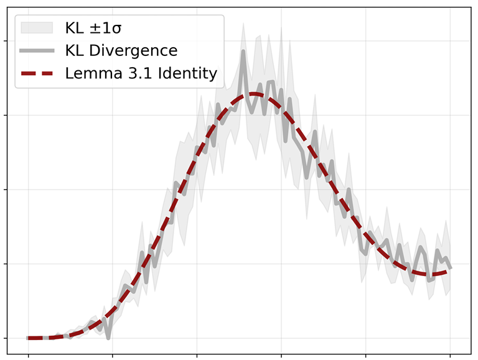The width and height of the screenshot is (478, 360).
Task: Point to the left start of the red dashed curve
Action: coord(29,338)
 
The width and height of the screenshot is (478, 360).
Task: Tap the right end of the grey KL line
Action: coord(450,268)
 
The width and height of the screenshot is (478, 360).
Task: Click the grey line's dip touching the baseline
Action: coord(108,338)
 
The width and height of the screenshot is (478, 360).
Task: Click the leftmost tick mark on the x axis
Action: coord(28,356)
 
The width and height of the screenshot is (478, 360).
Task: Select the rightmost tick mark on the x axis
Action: coord(450,356)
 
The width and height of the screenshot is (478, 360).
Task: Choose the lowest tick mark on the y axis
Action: coord(5,338)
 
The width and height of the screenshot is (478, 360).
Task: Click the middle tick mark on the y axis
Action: coord(5,190)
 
